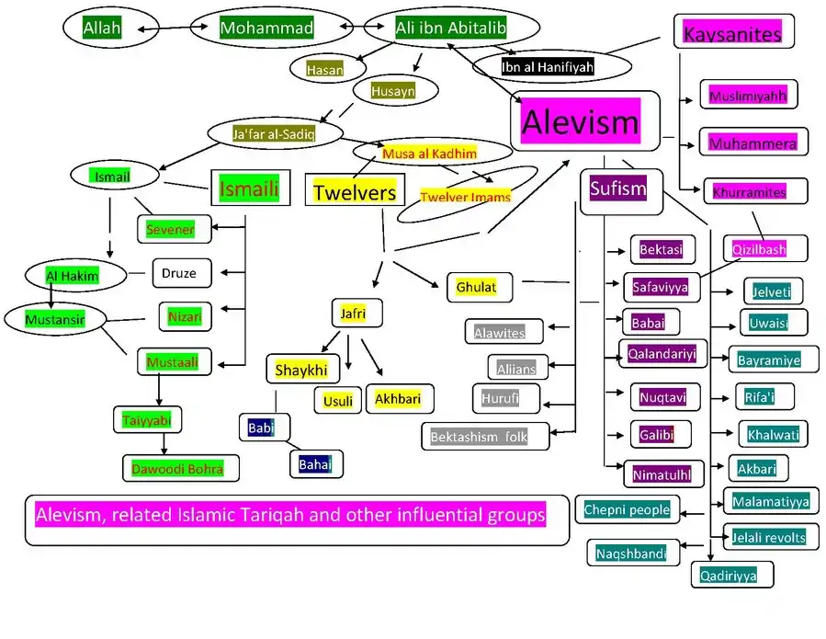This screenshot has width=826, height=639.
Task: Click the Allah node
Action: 102,28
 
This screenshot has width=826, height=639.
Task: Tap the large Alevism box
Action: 584,120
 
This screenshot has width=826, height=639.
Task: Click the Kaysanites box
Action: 733,31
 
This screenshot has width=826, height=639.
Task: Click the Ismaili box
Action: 250,188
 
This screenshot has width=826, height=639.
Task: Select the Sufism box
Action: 621,191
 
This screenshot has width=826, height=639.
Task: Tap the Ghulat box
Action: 480,288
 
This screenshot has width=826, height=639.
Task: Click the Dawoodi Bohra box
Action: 181,468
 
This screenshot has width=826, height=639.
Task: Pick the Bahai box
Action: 316,464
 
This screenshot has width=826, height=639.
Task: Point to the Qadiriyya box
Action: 732,575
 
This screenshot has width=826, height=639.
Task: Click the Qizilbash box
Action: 764,249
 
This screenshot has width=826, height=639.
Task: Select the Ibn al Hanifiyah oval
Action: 551,66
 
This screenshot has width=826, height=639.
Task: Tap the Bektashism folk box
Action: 485,436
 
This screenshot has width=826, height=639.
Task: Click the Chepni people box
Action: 627,509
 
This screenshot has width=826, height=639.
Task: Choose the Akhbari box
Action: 400,399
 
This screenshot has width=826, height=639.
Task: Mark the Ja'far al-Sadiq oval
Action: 275,133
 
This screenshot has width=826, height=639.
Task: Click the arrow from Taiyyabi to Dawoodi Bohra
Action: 164,444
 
